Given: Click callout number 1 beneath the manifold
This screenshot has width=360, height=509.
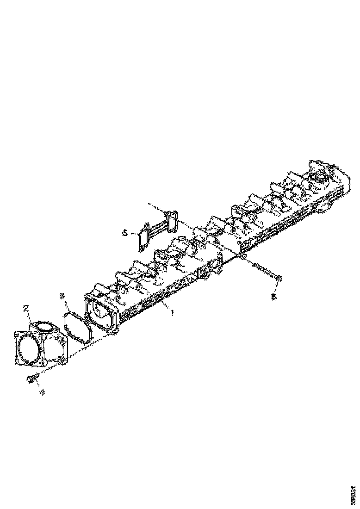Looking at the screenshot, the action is pyautogui.click(x=172, y=313).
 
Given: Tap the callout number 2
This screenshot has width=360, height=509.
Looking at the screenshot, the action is pyautogui.click(x=26, y=308).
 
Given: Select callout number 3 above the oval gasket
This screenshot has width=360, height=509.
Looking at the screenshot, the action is pyautogui.click(x=63, y=295).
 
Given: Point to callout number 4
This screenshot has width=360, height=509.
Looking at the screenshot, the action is pyautogui.click(x=42, y=392).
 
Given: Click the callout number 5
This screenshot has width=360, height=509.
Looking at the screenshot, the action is pyautogui.click(x=125, y=233).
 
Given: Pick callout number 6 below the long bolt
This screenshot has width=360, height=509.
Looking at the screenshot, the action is pyautogui.click(x=273, y=297).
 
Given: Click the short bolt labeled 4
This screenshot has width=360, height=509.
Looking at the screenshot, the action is pyautogui.click(x=33, y=379).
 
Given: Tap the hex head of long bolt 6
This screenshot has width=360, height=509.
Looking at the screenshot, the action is pyautogui.click(x=279, y=278).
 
